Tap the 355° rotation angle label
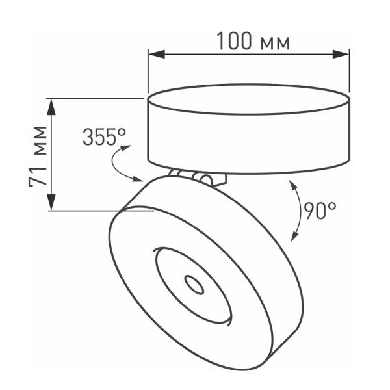(x=104, y=137)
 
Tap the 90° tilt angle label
(x=320, y=211)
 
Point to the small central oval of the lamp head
(x=194, y=283)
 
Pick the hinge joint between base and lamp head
(x=195, y=177)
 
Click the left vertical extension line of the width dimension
(x=149, y=71)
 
